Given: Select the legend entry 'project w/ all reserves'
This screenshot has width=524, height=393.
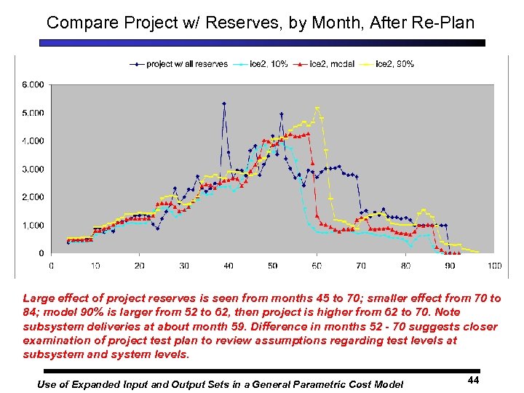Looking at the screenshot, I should tap(186, 64).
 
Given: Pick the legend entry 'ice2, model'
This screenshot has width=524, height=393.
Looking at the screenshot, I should tap(332, 64).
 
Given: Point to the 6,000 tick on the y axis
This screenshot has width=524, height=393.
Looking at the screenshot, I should tap(33, 84).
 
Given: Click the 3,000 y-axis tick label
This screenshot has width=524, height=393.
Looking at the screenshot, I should tap(33, 169).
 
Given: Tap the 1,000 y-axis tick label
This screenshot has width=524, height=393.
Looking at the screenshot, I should tap(33, 226).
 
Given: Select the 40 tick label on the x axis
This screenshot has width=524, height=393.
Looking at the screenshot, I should tap(228, 266).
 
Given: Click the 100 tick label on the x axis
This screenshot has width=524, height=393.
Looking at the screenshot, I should tap(495, 266).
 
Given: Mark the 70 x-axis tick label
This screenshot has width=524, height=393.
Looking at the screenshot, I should tap(361, 266).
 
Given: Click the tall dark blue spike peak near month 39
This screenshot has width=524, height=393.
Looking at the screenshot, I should tap(224, 103).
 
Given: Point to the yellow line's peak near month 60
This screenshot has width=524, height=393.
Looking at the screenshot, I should tap(317, 108).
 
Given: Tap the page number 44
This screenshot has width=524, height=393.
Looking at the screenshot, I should tap(472, 379).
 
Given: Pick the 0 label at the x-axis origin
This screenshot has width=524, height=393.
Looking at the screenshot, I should tap(51, 266).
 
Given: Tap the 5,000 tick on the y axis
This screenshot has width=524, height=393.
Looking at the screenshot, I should tap(33, 113).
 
